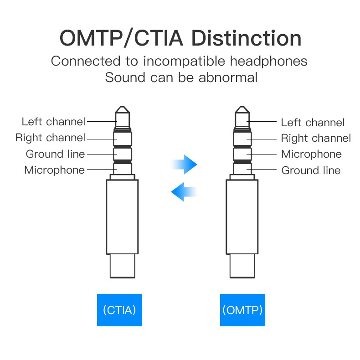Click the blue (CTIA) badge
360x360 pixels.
(119, 310)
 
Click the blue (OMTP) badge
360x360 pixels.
(242, 310)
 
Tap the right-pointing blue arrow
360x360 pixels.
(184, 163)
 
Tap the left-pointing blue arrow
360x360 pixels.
(184, 191)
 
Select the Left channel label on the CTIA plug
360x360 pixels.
(53, 122)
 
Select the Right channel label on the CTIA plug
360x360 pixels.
(50, 138)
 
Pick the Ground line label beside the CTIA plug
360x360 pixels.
(55, 154)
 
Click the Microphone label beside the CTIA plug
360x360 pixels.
(54, 170)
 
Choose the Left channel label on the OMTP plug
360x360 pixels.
(313, 123)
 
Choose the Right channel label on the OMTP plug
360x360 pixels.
(316, 139)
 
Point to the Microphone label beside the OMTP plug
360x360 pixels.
(311, 154)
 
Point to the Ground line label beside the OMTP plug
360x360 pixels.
(311, 170)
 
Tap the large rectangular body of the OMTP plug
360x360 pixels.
(242, 216)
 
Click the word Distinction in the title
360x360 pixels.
(246, 39)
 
